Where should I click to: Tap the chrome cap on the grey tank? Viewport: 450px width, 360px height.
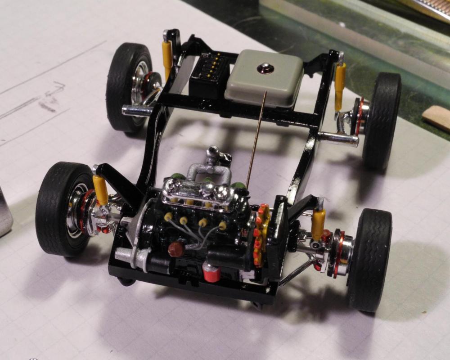click(262, 68)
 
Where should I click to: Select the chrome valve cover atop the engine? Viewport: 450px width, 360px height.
click(202, 189)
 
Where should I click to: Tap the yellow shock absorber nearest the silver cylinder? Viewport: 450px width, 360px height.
click(100, 189)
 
